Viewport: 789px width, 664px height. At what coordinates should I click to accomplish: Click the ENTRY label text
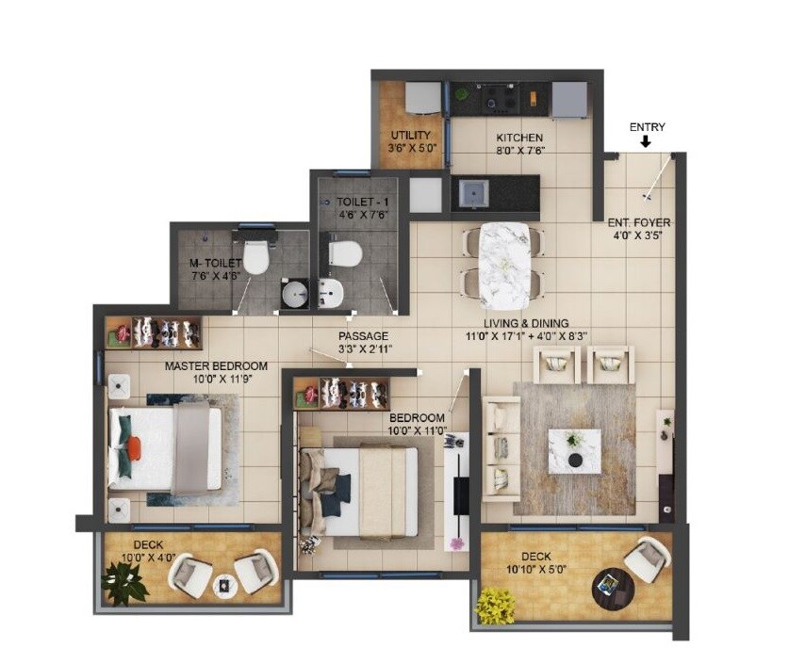(x=647, y=127)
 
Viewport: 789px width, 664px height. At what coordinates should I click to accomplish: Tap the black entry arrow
(x=646, y=142)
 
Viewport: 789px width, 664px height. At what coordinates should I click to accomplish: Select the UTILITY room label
(x=410, y=136)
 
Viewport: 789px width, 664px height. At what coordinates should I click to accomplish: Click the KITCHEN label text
(x=519, y=138)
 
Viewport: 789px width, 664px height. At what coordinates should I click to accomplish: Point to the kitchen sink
(x=472, y=195)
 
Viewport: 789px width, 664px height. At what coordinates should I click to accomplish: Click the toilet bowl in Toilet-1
(x=345, y=251)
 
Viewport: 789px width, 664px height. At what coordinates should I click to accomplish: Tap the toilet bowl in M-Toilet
(x=256, y=256)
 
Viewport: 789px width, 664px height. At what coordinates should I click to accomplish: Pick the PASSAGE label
(x=364, y=336)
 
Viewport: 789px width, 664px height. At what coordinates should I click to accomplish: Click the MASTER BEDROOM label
(x=216, y=365)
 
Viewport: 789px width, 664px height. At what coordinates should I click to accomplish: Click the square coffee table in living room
(x=575, y=449)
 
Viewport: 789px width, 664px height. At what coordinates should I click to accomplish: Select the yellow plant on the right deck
(x=494, y=605)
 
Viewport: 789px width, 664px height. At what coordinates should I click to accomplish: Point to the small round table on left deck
(x=222, y=584)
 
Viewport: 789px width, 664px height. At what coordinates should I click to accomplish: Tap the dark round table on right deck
(x=609, y=588)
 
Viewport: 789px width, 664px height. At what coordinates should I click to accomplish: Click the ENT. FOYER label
(x=638, y=222)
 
